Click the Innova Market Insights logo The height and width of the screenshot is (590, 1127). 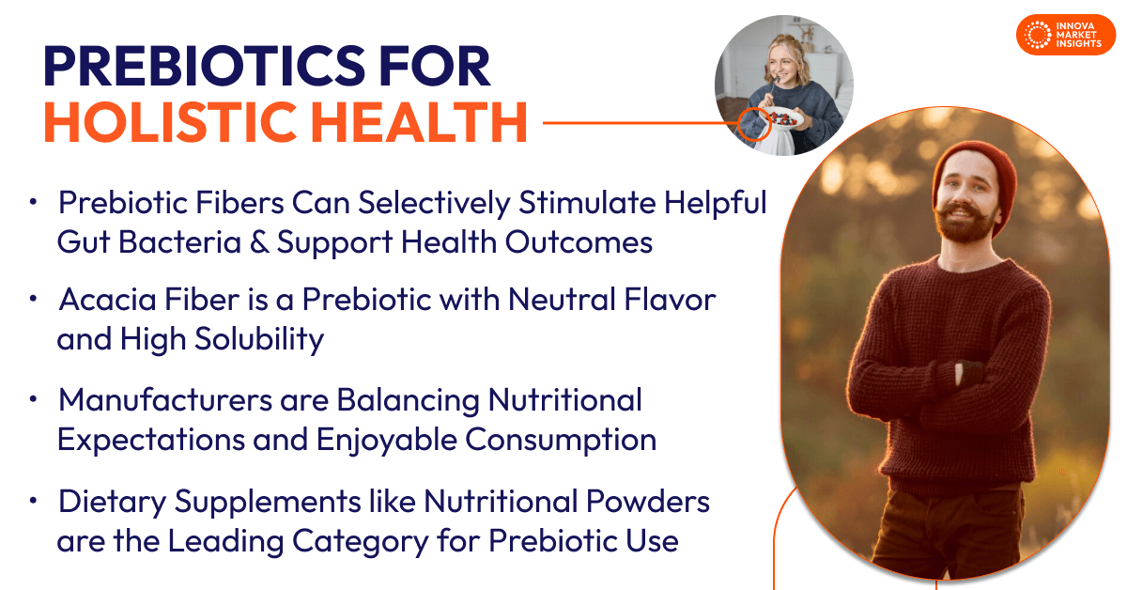(1065, 35)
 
